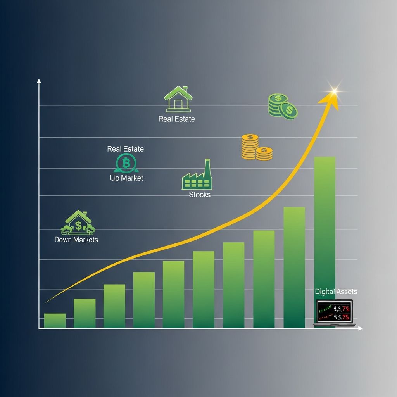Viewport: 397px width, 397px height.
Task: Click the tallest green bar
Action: pos(325,233)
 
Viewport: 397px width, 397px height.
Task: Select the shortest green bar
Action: pos(55,321)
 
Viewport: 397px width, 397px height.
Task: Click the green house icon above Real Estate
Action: pos(178,99)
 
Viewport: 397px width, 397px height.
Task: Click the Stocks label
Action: pos(200,195)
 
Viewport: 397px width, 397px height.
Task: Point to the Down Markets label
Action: pos(76,240)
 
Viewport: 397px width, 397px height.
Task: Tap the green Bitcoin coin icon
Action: pos(126,163)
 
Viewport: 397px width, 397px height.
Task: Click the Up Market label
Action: pos(126,178)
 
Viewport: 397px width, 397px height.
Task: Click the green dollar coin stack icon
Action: pos(283,106)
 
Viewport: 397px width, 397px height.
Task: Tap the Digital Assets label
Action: pos(336,292)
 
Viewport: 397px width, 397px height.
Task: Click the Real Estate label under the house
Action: pos(176,119)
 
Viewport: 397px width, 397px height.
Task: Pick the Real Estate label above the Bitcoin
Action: pos(125,149)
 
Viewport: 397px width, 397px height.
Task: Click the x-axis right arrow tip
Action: pos(361,328)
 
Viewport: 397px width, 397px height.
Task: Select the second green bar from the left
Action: pos(85,313)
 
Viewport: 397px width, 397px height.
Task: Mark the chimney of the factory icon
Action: pos(207,167)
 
